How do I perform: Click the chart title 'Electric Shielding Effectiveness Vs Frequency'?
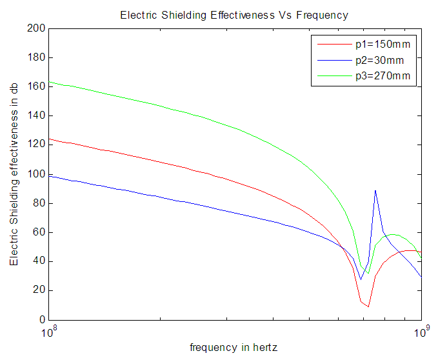point(235,15)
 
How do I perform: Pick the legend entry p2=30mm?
point(380,61)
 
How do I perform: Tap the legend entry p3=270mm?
point(383,76)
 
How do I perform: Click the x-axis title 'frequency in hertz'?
point(234,347)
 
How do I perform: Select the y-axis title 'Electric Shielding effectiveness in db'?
point(14,174)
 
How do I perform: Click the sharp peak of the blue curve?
point(375,190)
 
